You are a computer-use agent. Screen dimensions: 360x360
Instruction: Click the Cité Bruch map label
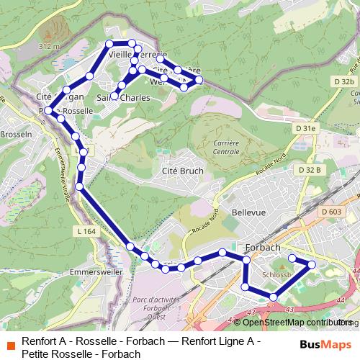184,171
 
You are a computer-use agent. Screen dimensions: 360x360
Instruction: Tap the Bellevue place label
249,212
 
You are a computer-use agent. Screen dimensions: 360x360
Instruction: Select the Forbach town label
263,247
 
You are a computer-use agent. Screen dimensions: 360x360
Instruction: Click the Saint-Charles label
123,96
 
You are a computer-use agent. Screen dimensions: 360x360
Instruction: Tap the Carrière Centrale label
226,147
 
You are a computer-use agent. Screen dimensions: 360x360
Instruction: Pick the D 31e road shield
307,128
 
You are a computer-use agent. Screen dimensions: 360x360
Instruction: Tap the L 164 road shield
85,231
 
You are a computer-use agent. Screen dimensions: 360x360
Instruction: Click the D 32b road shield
344,83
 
